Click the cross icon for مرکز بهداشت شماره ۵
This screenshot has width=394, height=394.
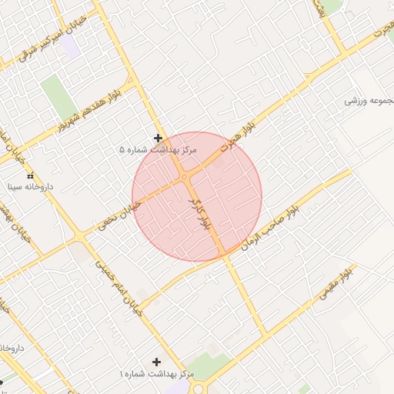[158, 139]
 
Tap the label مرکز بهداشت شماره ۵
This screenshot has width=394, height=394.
[159, 149]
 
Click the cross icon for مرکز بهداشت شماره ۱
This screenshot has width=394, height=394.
[158, 361]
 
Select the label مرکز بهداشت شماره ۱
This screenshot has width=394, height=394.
[158, 372]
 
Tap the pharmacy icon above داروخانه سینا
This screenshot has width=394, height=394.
[31, 177]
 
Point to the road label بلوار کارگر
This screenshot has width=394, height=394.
[199, 214]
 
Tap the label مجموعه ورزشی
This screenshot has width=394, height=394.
[368, 101]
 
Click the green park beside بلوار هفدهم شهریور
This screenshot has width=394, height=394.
[56, 97]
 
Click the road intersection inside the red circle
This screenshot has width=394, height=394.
[185, 178]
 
